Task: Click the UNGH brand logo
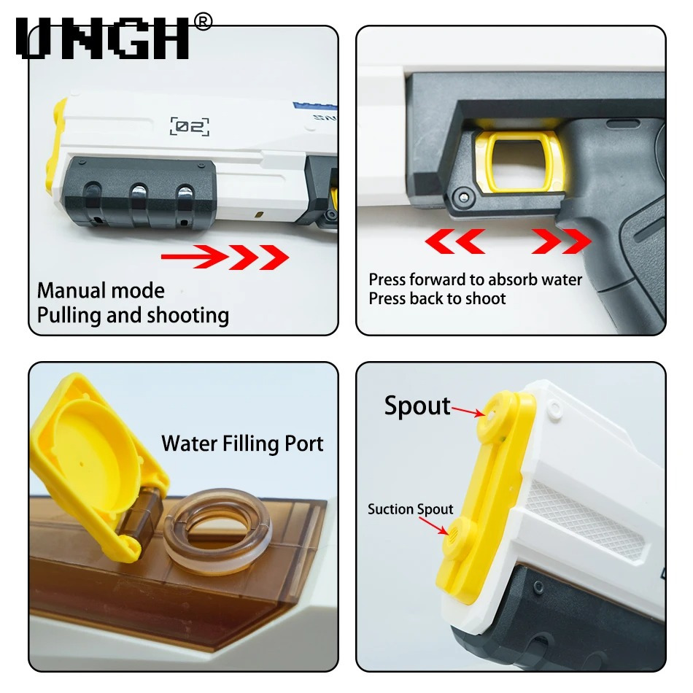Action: click(x=104, y=38)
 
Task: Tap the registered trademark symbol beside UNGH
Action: click(x=203, y=22)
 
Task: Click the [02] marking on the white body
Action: click(x=189, y=126)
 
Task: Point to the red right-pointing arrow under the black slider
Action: click(x=225, y=257)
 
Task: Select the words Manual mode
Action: click(x=101, y=291)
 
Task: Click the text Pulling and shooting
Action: click(x=133, y=316)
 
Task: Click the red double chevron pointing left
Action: click(x=454, y=241)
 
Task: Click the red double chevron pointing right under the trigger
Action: click(x=561, y=241)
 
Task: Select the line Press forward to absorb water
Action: click(x=475, y=280)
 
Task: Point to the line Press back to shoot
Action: click(x=437, y=299)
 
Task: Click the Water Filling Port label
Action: click(x=242, y=444)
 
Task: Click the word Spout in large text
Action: click(x=417, y=406)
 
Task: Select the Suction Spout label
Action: click(x=410, y=509)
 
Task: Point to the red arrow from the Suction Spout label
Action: click(x=433, y=525)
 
